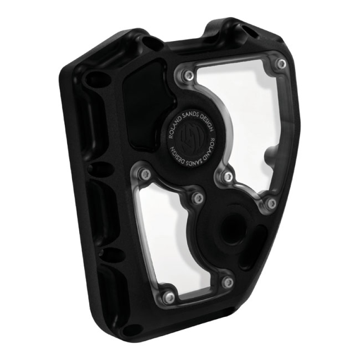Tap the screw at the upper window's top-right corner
coord(281,64)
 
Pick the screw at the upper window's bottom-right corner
coord(270,203)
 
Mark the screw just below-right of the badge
coord(228,175)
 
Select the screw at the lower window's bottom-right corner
coord(228,282)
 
